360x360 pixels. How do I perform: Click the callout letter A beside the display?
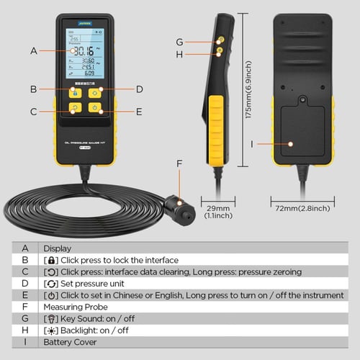[33, 50]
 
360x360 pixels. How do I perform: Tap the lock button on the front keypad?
[74, 92]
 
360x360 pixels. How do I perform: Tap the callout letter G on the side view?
[180, 41]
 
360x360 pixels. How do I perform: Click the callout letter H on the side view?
[180, 53]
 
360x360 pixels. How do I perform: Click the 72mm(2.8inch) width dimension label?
[302, 208]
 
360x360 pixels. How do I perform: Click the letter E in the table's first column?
[25, 294]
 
